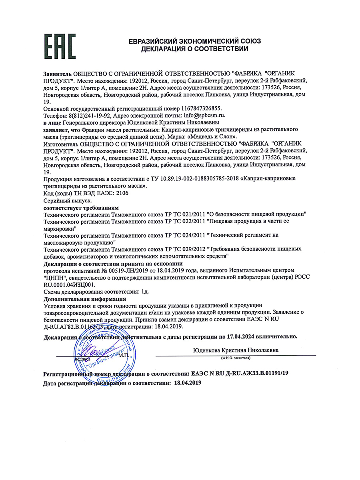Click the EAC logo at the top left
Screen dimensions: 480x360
pyautogui.click(x=59, y=46)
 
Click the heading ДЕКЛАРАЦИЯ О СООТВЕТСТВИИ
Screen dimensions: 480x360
pyautogui.click(x=194, y=49)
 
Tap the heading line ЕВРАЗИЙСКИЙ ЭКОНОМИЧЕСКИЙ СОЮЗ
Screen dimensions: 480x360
pyautogui.click(x=194, y=41)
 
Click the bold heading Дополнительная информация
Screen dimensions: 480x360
pyautogui.click(x=85, y=299)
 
